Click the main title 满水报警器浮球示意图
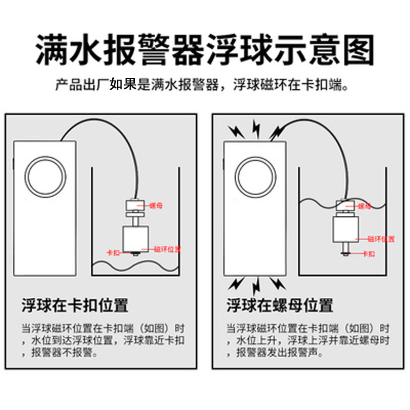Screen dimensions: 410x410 [205, 49]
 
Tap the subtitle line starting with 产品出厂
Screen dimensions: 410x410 [205, 85]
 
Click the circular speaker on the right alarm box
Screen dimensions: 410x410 [255, 173]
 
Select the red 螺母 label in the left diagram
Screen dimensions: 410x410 [156, 206]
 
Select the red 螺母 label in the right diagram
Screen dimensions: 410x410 [365, 206]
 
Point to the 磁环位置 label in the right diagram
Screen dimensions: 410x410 [381, 239]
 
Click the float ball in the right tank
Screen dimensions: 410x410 [345, 228]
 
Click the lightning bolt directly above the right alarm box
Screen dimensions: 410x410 [255, 128]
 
